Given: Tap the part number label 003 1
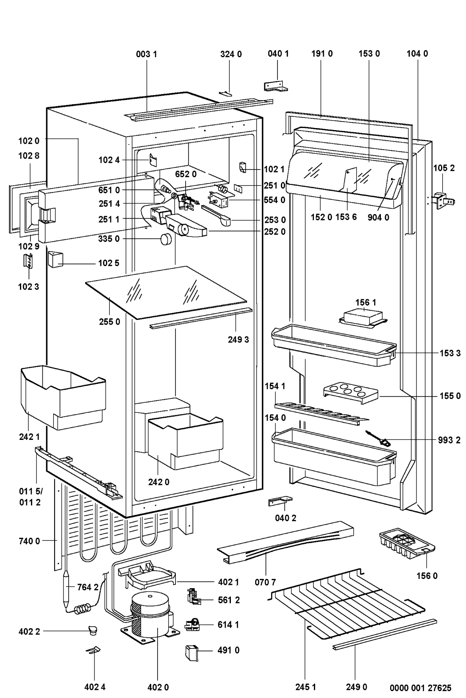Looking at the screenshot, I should (147, 54).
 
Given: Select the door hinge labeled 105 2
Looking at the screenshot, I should (443, 199).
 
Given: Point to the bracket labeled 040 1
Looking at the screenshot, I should (275, 86).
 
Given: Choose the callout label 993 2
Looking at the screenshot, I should (449, 440).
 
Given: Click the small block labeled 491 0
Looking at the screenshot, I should (191, 653).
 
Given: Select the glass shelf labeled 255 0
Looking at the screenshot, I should (165, 292).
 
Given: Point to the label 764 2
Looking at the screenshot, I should (88, 587).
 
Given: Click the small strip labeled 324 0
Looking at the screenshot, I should (225, 93).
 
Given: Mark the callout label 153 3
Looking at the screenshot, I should (449, 353).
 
